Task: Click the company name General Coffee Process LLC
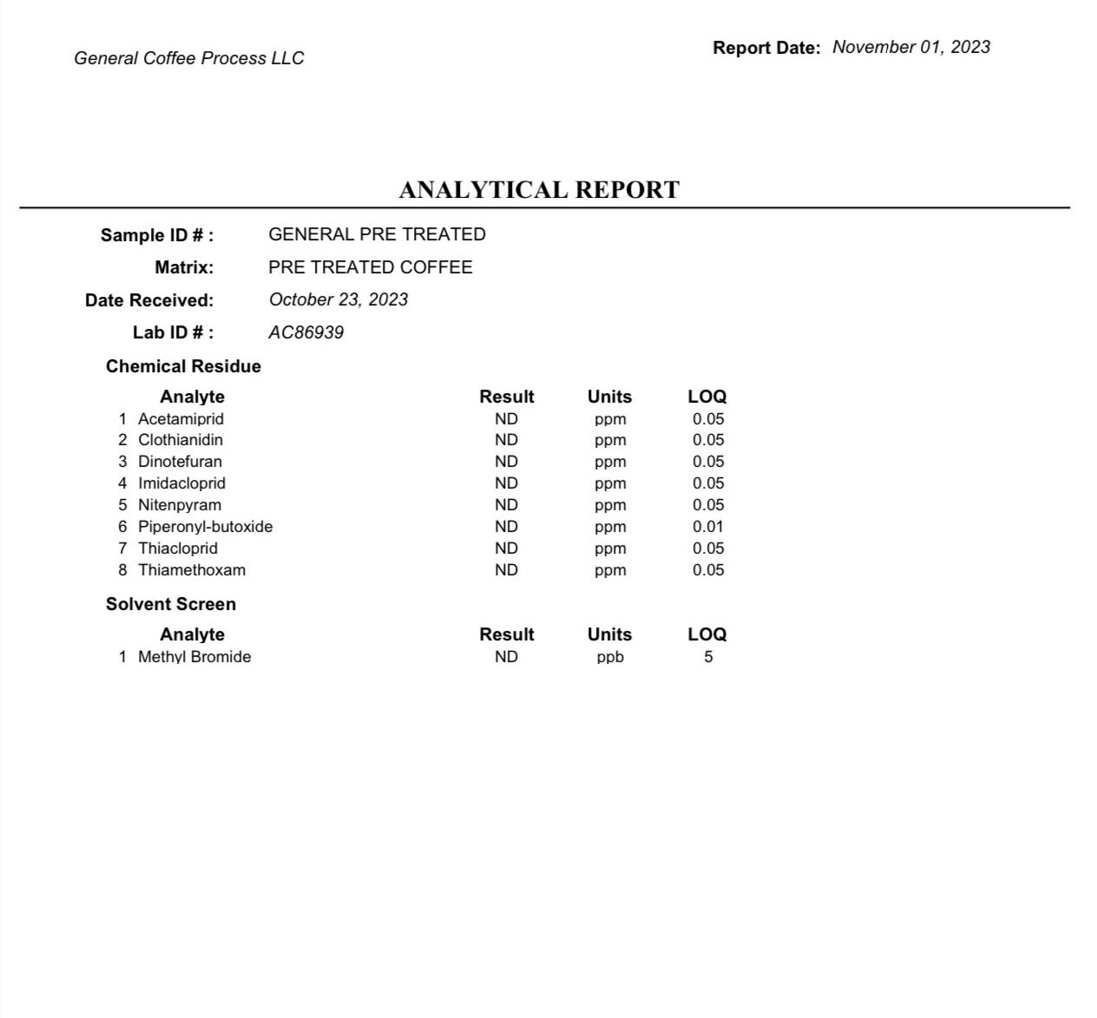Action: (189, 58)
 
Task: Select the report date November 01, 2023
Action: (910, 47)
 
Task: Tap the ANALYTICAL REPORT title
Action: (539, 189)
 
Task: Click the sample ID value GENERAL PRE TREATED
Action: (377, 234)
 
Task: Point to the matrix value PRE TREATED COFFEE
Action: (371, 267)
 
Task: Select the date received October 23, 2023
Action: (338, 299)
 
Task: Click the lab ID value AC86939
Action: (305, 332)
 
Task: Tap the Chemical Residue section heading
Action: (183, 366)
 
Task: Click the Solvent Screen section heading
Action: (171, 604)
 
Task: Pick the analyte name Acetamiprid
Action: (181, 418)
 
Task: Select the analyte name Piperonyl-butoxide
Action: (205, 527)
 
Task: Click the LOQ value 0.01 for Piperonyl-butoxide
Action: (708, 527)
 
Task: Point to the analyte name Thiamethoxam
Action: (192, 570)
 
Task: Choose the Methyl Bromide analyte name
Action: (194, 657)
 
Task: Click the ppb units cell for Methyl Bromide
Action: (610, 657)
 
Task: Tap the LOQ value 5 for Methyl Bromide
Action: (708, 657)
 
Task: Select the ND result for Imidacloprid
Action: (506, 483)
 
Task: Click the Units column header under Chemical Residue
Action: (609, 397)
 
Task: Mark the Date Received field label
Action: (149, 300)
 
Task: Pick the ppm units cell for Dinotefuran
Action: (610, 462)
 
